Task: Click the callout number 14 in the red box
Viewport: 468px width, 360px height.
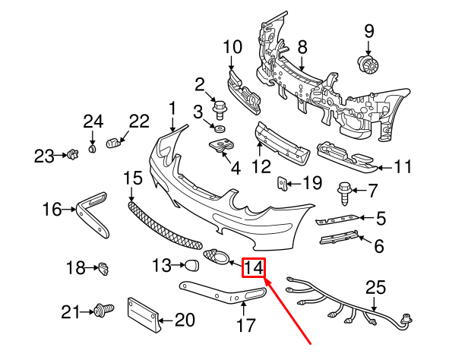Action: [x=253, y=268]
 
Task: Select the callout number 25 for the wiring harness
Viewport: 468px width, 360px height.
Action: [x=376, y=288]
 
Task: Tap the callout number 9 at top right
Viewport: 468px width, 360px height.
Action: [x=369, y=31]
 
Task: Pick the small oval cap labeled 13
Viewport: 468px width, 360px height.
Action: [x=191, y=265]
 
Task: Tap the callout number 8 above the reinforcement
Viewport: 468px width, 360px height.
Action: [x=302, y=47]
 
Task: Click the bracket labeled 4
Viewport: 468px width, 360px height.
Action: [x=221, y=147]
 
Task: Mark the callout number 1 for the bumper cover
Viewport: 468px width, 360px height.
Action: [x=172, y=108]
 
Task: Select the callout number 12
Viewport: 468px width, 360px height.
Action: [x=261, y=163]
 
